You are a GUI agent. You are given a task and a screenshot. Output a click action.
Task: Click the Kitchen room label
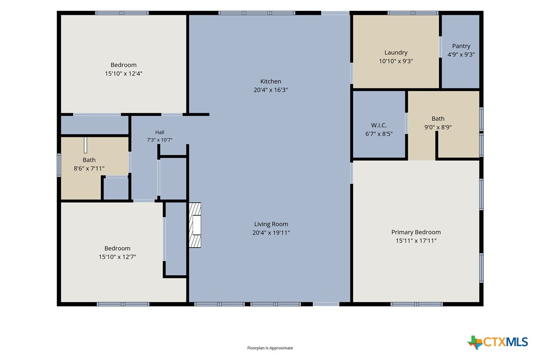[270, 82]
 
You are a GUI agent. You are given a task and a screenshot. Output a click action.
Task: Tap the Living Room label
[271, 224]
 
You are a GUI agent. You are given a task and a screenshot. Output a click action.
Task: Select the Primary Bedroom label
[416, 232]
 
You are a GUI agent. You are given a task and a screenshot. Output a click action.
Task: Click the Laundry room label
[396, 52]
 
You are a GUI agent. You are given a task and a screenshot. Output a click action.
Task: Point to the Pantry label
[461, 46]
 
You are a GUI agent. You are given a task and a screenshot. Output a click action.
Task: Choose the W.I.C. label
[379, 125]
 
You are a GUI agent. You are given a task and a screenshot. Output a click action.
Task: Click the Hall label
[160, 132]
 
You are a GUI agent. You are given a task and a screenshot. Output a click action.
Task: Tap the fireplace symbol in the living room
[195, 225]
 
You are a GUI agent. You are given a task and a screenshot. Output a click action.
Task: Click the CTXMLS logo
[498, 342]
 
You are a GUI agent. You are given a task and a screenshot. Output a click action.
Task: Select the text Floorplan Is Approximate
[270, 348]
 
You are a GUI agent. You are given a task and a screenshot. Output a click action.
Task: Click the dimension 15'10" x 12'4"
[124, 74]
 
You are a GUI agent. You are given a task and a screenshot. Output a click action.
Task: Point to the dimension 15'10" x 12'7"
[117, 257]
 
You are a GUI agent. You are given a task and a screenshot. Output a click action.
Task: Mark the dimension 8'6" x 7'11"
[89, 169]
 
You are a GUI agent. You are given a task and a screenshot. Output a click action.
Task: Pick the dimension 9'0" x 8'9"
[438, 127]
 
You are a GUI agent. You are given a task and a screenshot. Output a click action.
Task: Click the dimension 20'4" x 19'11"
[271, 233]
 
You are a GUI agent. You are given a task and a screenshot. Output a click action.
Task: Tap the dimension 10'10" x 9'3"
[396, 61]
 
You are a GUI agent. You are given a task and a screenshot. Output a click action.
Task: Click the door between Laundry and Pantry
[441, 47]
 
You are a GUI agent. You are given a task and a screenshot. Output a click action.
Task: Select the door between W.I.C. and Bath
[407, 123]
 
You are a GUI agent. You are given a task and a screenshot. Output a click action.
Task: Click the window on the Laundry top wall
[413, 13]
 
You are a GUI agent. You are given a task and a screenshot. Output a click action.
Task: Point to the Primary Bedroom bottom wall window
[417, 304]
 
